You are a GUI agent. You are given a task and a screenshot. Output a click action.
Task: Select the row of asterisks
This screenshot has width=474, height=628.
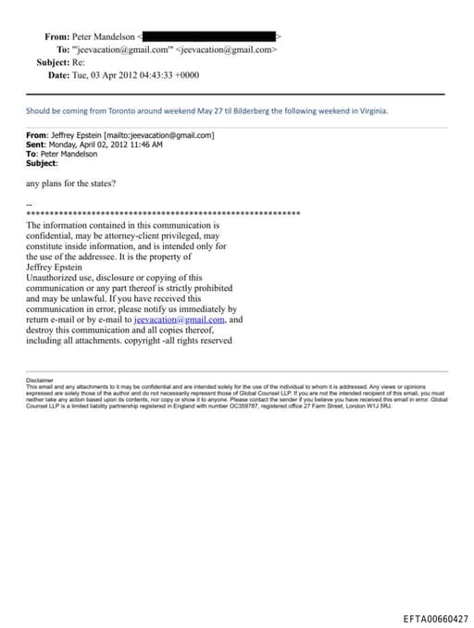(163, 214)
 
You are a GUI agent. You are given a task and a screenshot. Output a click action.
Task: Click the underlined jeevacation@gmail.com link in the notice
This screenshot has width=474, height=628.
(174, 320)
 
